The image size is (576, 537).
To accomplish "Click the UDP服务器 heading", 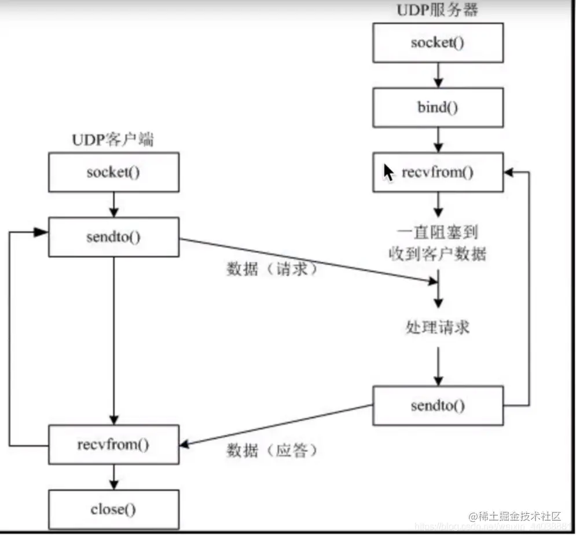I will pyautogui.click(x=438, y=10).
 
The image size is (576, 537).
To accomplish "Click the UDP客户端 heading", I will pyautogui.click(x=113, y=140).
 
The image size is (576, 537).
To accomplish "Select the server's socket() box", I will pyautogui.click(x=438, y=43).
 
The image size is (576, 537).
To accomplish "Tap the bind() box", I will pyautogui.click(x=438, y=108).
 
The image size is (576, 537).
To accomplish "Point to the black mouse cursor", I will pyautogui.click(x=388, y=173).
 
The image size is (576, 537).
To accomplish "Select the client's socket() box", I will pyautogui.click(x=113, y=173).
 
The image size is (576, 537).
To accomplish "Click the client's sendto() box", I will pyautogui.click(x=113, y=238).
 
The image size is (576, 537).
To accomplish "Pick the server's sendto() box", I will pyautogui.click(x=438, y=406).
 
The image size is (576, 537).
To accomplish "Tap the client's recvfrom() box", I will pyautogui.click(x=113, y=444).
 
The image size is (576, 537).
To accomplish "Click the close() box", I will pyautogui.click(x=113, y=510).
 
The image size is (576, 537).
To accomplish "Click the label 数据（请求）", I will pyautogui.click(x=272, y=269).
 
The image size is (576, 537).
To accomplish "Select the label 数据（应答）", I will pyautogui.click(x=272, y=450).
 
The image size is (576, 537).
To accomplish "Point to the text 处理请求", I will pyautogui.click(x=438, y=327).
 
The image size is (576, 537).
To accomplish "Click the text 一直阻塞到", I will pyautogui.click(x=438, y=232).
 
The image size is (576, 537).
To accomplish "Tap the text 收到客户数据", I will pyautogui.click(x=438, y=254).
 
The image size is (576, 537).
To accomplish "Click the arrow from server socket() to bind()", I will pyautogui.click(x=438, y=75).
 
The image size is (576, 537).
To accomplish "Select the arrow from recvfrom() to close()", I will pyautogui.click(x=113, y=477).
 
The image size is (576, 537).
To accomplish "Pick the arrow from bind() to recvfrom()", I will pyautogui.click(x=438, y=140).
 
